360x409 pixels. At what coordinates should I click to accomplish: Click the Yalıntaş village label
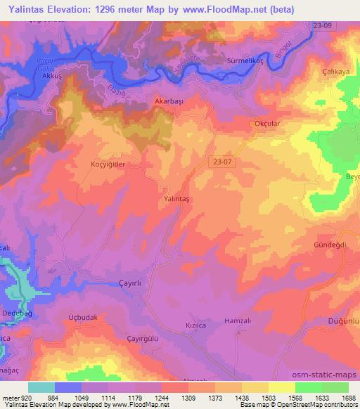point(177,199)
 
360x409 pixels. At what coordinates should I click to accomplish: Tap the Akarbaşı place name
point(169,101)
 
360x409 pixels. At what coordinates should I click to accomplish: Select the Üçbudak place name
point(82,317)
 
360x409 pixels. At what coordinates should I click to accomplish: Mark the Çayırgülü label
point(120,336)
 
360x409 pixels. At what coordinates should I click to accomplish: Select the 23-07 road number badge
point(222,162)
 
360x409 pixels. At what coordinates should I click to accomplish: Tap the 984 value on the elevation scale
point(54,398)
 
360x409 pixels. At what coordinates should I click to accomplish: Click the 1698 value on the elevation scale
point(349,398)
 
